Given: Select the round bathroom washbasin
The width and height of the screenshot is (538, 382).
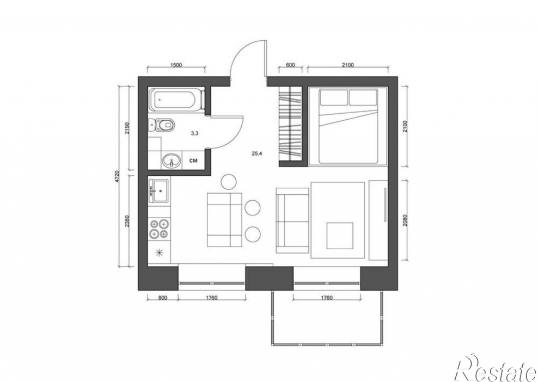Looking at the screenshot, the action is [x=172, y=161].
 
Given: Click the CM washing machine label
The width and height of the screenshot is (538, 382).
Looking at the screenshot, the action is [x=193, y=160].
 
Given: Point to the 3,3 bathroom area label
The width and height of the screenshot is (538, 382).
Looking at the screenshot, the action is [x=194, y=134].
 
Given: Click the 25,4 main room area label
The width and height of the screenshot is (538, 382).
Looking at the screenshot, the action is [x=257, y=153].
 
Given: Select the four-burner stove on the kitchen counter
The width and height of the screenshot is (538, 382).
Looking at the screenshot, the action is [x=159, y=229].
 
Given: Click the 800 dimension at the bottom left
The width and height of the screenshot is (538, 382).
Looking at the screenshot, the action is [x=163, y=298].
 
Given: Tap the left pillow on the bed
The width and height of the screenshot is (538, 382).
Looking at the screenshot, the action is [x=333, y=97].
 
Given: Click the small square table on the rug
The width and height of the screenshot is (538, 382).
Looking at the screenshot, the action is [x=340, y=236].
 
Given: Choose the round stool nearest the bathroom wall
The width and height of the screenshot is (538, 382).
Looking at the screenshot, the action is [x=229, y=182].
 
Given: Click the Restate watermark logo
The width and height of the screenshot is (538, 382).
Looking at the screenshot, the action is [x=495, y=368].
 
